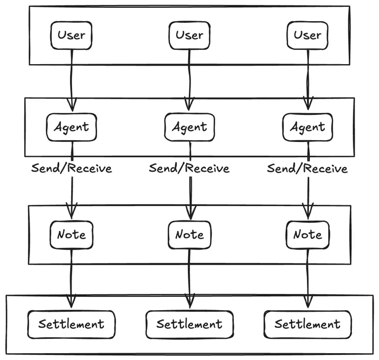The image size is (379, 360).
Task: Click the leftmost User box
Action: (x=72, y=36)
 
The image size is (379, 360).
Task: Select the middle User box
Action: (x=189, y=36)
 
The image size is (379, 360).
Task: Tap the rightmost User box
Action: (x=307, y=36)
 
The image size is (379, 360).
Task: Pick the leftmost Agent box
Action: (x=72, y=127)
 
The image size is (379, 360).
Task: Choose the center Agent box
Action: (x=189, y=127)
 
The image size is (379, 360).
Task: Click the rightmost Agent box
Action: (x=307, y=127)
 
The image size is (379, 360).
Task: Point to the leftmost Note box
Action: (x=72, y=235)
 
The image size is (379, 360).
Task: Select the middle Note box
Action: (x=189, y=235)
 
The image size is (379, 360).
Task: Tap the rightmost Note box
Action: (x=307, y=235)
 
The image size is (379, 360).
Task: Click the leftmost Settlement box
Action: (x=72, y=324)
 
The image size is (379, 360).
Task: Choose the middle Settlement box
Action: (x=189, y=324)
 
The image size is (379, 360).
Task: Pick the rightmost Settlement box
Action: (x=307, y=324)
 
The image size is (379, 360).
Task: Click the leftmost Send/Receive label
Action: (x=72, y=168)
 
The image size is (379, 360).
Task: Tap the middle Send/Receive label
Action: (x=189, y=168)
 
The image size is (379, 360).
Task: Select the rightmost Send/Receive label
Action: (x=307, y=168)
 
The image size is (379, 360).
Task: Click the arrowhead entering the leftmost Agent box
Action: (x=72, y=105)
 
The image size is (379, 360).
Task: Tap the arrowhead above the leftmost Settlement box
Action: (x=72, y=302)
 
